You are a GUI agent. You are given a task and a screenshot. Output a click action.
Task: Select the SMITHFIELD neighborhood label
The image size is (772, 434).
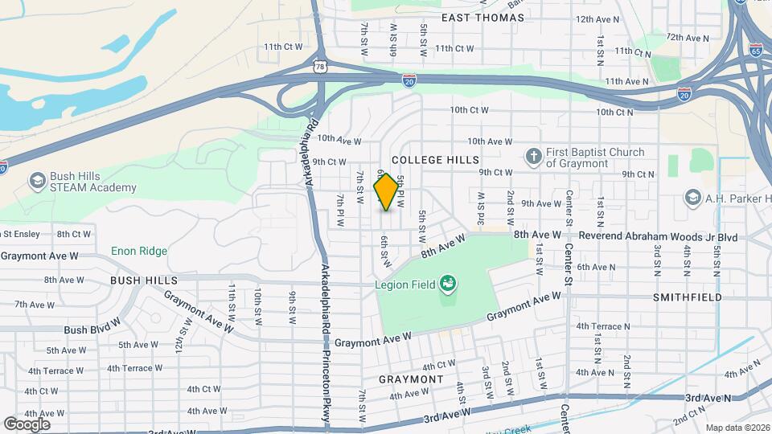click(x=729, y=296)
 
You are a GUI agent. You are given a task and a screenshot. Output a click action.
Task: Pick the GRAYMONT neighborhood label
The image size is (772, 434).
click(x=412, y=379)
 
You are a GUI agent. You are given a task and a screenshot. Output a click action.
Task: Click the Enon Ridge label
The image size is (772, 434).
click(x=139, y=252)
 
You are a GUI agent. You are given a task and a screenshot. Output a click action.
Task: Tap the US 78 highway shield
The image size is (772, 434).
click(x=321, y=67)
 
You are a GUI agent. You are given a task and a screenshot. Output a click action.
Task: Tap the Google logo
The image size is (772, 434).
click(x=27, y=424)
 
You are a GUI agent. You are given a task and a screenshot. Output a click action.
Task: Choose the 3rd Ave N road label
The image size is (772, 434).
click(x=708, y=398)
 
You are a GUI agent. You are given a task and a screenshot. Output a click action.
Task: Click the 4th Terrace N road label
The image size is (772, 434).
click(x=602, y=326)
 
